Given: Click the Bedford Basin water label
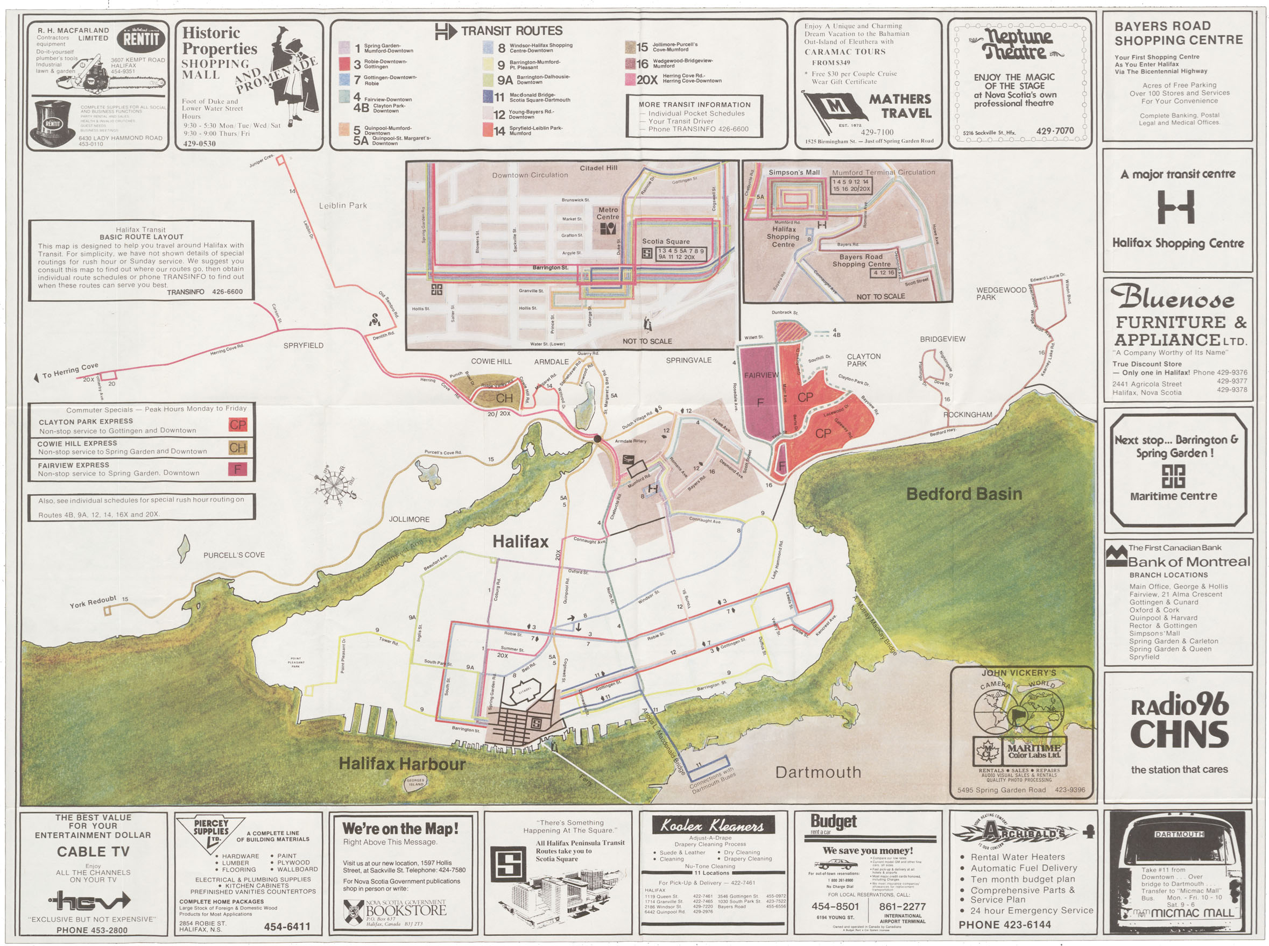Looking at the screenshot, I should pos(964,494).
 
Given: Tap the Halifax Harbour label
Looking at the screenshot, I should pos(401,763).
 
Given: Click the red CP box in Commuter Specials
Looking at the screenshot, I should pos(238,425).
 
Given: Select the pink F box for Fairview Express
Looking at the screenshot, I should pos(237,470).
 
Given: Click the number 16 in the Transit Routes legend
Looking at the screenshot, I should pos(642,64).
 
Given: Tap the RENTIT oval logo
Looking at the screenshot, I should pos(141,39).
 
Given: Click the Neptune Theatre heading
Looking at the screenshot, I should pos(1014,45).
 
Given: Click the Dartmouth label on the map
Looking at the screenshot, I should pos(817,772).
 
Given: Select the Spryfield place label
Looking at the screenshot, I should pos(303,346).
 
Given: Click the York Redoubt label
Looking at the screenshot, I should pos(93,602).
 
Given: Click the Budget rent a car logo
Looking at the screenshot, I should pos(833,823).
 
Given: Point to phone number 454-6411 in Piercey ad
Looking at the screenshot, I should pos(287,927).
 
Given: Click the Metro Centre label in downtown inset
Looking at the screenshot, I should pos(607,214).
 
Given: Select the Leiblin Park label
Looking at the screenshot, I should pos(343,205).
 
